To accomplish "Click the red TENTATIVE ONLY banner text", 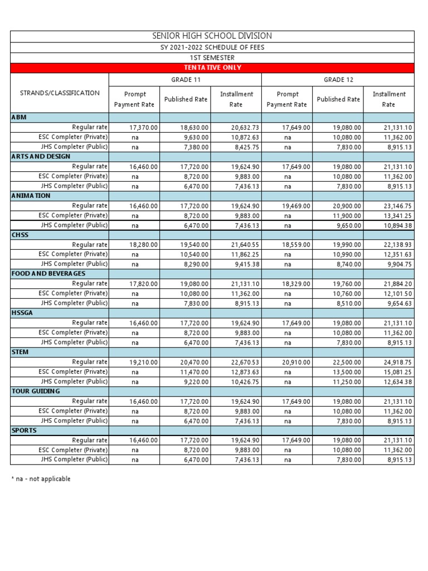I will click(x=212, y=67).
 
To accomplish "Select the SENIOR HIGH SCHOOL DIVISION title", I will click(x=212, y=36).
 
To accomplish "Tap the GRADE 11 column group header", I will click(x=185, y=80).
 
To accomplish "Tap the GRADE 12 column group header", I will click(x=338, y=80).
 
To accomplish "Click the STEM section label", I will click(x=20, y=352).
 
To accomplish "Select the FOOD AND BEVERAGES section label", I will click(x=48, y=274).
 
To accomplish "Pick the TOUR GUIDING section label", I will click(x=35, y=391).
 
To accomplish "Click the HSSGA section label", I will click(x=22, y=313).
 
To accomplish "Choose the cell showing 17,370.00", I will click(x=144, y=128).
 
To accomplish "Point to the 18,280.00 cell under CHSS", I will click(x=144, y=245).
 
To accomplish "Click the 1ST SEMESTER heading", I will click(x=212, y=57).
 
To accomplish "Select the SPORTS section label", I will click(x=24, y=430).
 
